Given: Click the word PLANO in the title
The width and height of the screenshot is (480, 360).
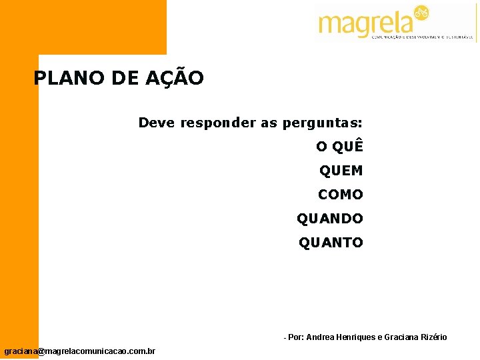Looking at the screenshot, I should [x=61, y=79].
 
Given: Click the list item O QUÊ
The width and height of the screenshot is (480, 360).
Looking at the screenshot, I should [x=339, y=147].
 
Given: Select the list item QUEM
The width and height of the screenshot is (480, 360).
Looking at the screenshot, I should [x=341, y=171].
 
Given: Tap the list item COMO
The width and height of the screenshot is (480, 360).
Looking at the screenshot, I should [x=341, y=195].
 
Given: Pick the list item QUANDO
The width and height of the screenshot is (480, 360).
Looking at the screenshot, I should [x=330, y=219].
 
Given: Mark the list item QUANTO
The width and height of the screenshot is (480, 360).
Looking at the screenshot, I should [x=331, y=243].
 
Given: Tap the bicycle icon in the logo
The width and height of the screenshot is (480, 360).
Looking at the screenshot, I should [x=421, y=13].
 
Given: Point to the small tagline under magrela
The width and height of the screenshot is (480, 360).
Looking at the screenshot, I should [x=423, y=38].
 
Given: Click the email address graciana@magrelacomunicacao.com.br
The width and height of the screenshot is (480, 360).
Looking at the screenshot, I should [x=80, y=351].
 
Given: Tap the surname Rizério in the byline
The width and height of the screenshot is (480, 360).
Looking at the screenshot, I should [x=431, y=337].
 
